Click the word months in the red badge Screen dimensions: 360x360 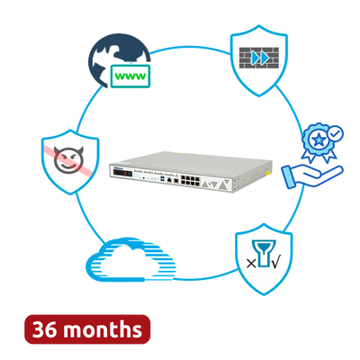pyautogui.click(x=103, y=329)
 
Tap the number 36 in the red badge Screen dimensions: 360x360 pyautogui.click(x=45, y=329)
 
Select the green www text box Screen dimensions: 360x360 pyautogui.click(x=130, y=76)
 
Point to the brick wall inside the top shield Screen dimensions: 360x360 pyautogui.click(x=259, y=58)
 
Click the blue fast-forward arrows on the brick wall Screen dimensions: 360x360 pyautogui.click(x=260, y=58)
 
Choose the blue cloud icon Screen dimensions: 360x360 pyautogui.click(x=130, y=260)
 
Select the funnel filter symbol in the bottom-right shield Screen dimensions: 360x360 pyautogui.click(x=264, y=253)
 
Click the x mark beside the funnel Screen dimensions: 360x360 pyautogui.click(x=251, y=264)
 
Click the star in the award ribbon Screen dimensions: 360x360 pyautogui.click(x=319, y=139)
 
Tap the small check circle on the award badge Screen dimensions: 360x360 pyautogui.click(x=336, y=133)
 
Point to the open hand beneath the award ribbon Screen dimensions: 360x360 pyautogui.click(x=312, y=177)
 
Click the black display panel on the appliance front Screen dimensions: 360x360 pyautogui.click(x=122, y=174)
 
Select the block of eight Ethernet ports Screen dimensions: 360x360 pyautogui.click(x=190, y=180)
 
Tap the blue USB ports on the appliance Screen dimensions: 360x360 pyautogui.click(x=163, y=179)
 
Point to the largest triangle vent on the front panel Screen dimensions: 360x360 pyautogui.click(x=222, y=184)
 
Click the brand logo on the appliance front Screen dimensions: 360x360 pyautogui.click(x=117, y=167)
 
